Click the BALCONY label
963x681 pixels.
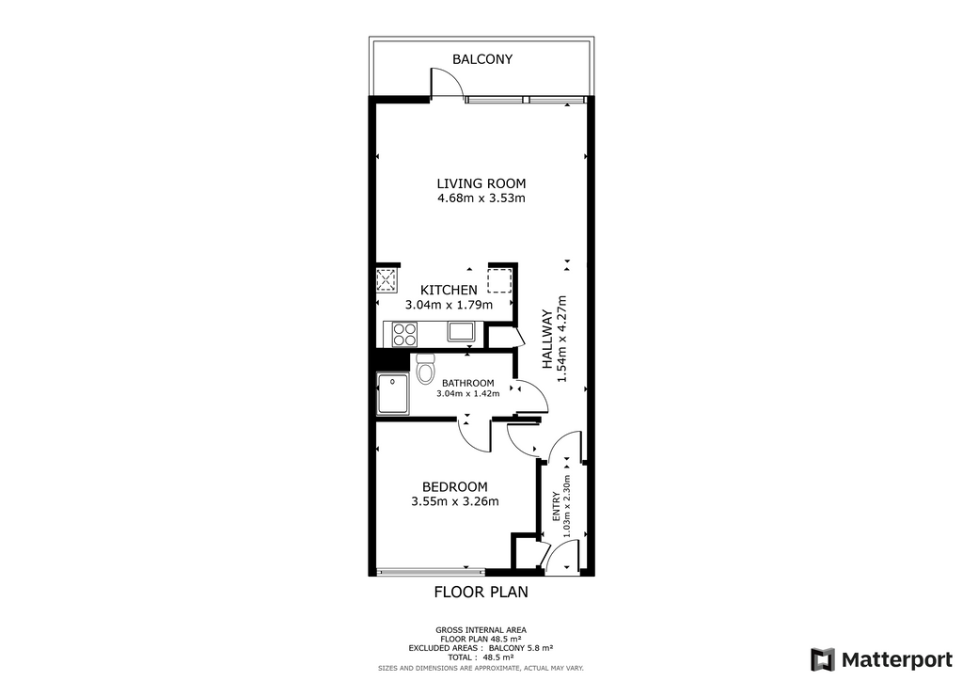(x=482, y=59)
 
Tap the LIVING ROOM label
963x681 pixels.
(x=481, y=183)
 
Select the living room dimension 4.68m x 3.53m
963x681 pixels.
(x=481, y=198)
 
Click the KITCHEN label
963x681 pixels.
(x=449, y=290)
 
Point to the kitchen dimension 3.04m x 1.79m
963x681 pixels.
(x=449, y=305)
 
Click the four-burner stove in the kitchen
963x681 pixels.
(x=404, y=334)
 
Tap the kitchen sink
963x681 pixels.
(x=461, y=332)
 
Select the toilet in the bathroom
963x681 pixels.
(x=424, y=369)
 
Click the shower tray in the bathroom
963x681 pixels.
(x=392, y=393)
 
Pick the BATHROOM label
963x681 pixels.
(x=468, y=383)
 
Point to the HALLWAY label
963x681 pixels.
(x=546, y=339)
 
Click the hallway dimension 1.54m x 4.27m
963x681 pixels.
(x=560, y=339)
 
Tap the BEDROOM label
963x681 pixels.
(x=454, y=487)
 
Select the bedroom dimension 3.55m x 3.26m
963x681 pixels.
(x=454, y=501)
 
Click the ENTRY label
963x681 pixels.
(x=556, y=507)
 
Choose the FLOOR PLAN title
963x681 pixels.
(x=481, y=592)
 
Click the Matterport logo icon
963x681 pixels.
(x=823, y=659)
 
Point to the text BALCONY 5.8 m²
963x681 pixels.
(x=521, y=648)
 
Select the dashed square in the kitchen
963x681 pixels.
(x=499, y=280)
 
